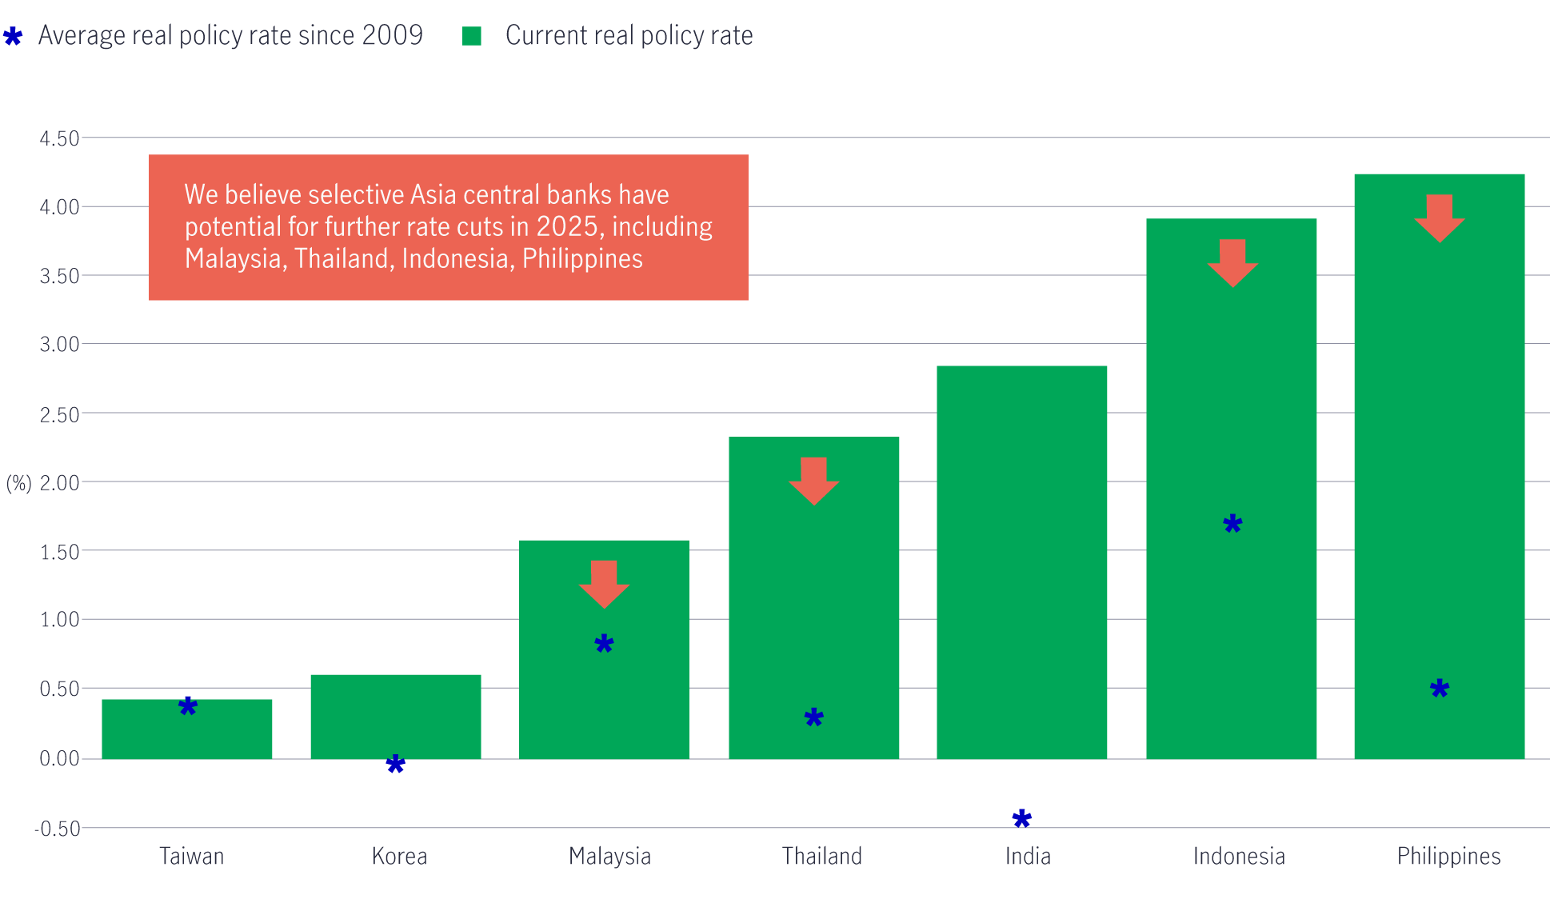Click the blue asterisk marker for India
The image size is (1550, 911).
point(1021,818)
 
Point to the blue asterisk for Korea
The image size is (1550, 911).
point(395,765)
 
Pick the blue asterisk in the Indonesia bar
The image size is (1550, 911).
point(1232,525)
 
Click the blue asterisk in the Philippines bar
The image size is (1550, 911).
point(1440,689)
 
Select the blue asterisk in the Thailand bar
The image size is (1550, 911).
point(813,717)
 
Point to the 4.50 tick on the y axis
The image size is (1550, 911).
point(60,138)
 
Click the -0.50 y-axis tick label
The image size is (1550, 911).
point(58,829)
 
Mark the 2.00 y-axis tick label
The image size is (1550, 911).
point(60,483)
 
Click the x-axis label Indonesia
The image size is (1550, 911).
point(1239,857)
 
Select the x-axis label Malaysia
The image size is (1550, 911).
point(609,857)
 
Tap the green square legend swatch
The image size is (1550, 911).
point(472,36)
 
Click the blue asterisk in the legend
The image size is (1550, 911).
point(13,36)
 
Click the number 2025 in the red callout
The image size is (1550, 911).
point(568,227)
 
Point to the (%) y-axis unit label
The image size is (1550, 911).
point(19,483)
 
